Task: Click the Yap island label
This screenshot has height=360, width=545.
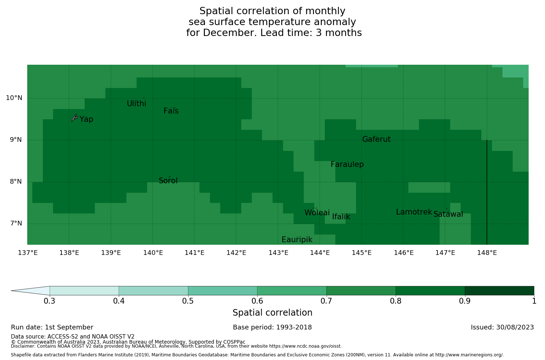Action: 86,120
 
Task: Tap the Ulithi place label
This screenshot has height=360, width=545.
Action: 136,104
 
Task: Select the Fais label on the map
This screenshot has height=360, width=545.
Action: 171,111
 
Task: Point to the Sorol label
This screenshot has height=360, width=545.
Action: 168,181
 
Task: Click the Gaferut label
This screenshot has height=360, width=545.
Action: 376,140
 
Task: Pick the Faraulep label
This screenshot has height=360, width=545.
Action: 347,165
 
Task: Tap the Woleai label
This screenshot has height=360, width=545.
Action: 317,213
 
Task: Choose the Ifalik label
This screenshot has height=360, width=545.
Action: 341,217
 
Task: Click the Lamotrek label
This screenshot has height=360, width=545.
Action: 414,212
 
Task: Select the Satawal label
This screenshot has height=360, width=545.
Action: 448,215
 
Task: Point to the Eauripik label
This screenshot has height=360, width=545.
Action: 297,240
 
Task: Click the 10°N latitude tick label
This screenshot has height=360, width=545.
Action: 14,98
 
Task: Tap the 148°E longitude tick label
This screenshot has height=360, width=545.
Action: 487,253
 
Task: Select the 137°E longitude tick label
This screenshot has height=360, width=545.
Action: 28,253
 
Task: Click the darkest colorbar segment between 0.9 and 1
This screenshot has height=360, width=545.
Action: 499,291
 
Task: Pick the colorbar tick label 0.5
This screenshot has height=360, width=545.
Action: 188,301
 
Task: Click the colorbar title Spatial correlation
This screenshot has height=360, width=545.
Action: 272,313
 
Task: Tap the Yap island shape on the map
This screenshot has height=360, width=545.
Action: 74,117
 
